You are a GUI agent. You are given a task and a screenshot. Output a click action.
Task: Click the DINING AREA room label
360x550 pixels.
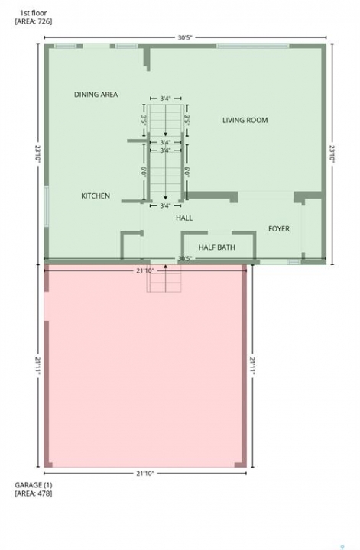tap(96, 95)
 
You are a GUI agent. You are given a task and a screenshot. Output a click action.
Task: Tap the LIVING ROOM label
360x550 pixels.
tap(245, 120)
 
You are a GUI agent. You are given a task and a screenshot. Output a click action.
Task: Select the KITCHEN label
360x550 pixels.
tap(96, 196)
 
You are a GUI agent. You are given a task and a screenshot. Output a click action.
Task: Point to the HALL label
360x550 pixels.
tap(184, 218)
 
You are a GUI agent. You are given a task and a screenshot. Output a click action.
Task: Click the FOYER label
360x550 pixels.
tap(279, 228)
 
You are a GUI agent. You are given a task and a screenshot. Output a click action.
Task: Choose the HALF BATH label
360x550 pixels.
tap(217, 247)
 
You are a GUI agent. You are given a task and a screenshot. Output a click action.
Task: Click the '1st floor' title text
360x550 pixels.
tap(34, 13)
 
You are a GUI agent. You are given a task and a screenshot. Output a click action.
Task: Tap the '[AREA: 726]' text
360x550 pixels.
tap(34, 21)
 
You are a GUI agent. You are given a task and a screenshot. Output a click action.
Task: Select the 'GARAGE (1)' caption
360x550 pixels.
tap(34, 485)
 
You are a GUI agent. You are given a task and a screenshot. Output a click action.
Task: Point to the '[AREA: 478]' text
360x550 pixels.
tap(34, 493)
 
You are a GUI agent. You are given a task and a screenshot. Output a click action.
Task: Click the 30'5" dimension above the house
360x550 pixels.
tap(185, 37)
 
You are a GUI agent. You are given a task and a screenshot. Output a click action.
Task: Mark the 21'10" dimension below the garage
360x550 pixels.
tap(145, 473)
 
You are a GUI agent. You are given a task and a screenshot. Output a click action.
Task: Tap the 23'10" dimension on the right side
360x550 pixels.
tap(332, 154)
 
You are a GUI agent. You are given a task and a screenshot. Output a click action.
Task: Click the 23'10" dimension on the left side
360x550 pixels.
tap(38, 154)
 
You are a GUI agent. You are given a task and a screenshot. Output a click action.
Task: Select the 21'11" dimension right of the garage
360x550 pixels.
tap(252, 366)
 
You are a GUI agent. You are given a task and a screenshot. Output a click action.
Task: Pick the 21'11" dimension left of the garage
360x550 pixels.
tap(38, 366)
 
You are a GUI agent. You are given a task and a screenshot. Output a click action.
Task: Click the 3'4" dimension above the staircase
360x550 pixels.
tap(165, 99)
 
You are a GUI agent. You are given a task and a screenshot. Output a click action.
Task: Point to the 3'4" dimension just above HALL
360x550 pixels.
tap(165, 205)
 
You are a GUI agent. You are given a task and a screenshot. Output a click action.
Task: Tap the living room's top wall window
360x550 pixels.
tap(253, 46)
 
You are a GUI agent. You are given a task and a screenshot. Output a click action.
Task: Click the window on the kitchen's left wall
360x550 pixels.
tap(47, 206)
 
